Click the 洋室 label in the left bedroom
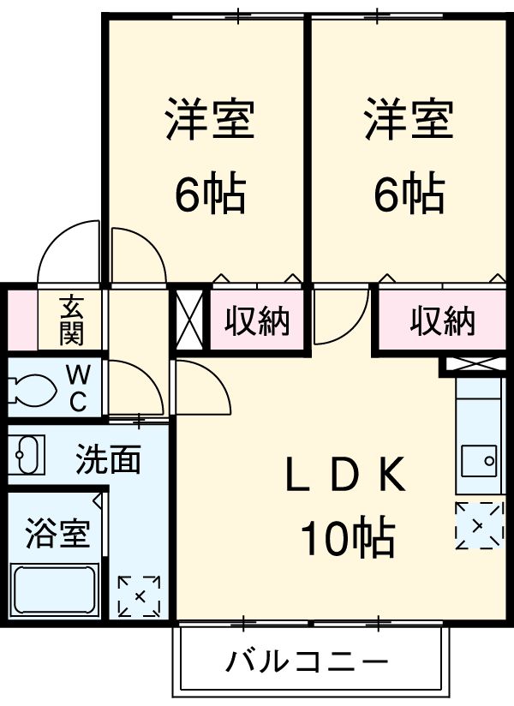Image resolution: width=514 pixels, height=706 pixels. [x=210, y=120]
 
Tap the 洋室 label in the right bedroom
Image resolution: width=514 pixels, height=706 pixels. [x=409, y=120]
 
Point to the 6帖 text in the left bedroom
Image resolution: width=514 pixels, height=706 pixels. [x=210, y=194]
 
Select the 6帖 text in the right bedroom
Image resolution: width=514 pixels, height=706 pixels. [x=409, y=194]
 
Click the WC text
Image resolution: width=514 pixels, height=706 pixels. [x=78, y=389]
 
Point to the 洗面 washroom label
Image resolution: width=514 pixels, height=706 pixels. [x=108, y=460]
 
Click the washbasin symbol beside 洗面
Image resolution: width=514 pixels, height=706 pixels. [x=29, y=454]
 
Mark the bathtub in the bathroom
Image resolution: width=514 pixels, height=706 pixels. [x=54, y=589]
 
